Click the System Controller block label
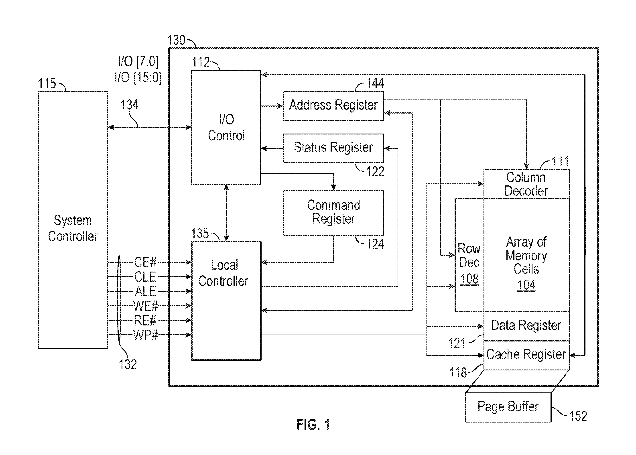73,228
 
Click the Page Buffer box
508,407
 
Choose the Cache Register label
526,354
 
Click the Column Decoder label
526,184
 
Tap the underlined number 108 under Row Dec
469,279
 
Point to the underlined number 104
526,285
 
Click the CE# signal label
145,262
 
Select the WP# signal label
145,335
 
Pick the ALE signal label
145,291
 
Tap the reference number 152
578,416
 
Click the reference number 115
47,83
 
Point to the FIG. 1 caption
313,425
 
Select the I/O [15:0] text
138,77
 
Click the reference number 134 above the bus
129,105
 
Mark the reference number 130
176,40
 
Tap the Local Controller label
223,273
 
